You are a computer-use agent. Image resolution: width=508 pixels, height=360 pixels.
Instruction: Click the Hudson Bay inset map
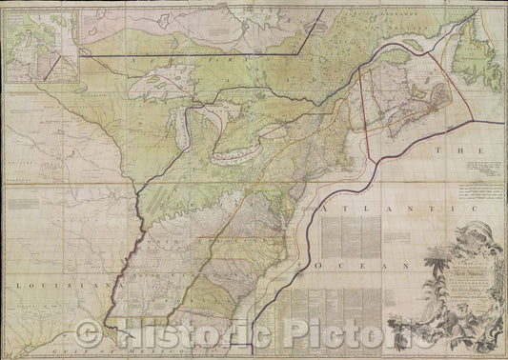click(39, 44)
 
